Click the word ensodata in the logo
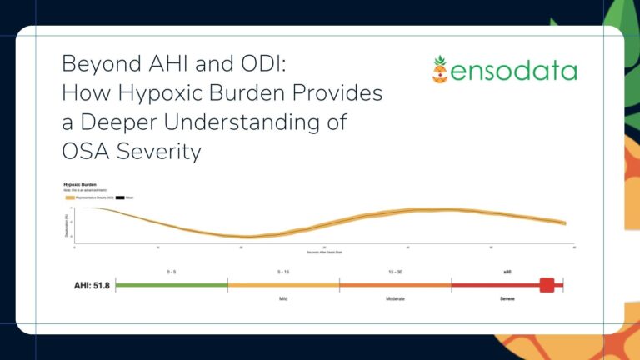pos(515,71)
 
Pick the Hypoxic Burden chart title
pos(82,184)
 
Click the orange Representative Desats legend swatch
pos(70,197)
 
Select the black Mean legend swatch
pos(119,197)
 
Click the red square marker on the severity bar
pos(547,285)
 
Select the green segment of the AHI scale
pos(172,285)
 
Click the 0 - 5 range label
pos(172,270)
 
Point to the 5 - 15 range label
pos(283,270)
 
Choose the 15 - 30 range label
pos(395,270)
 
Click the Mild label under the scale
pos(283,298)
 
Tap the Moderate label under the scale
pos(395,298)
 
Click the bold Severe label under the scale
pos(507,298)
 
